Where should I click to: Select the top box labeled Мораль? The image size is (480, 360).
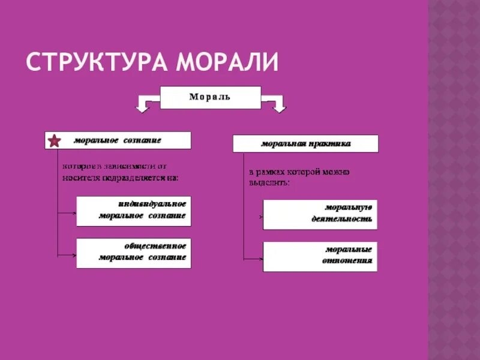click(x=210, y=97)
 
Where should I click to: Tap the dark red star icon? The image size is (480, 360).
click(x=54, y=141)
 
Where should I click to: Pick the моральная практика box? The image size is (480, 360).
click(x=305, y=143)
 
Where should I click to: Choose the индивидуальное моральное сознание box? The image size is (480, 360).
click(x=133, y=211)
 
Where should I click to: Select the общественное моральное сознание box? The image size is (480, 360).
click(x=133, y=253)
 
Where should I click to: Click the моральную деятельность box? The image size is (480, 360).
click(x=320, y=214)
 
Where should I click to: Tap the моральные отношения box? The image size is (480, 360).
click(x=320, y=256)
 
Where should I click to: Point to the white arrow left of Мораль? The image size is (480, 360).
click(x=144, y=105)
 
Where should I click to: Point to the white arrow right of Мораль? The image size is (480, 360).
click(x=277, y=105)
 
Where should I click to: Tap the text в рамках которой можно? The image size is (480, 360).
click(x=299, y=172)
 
